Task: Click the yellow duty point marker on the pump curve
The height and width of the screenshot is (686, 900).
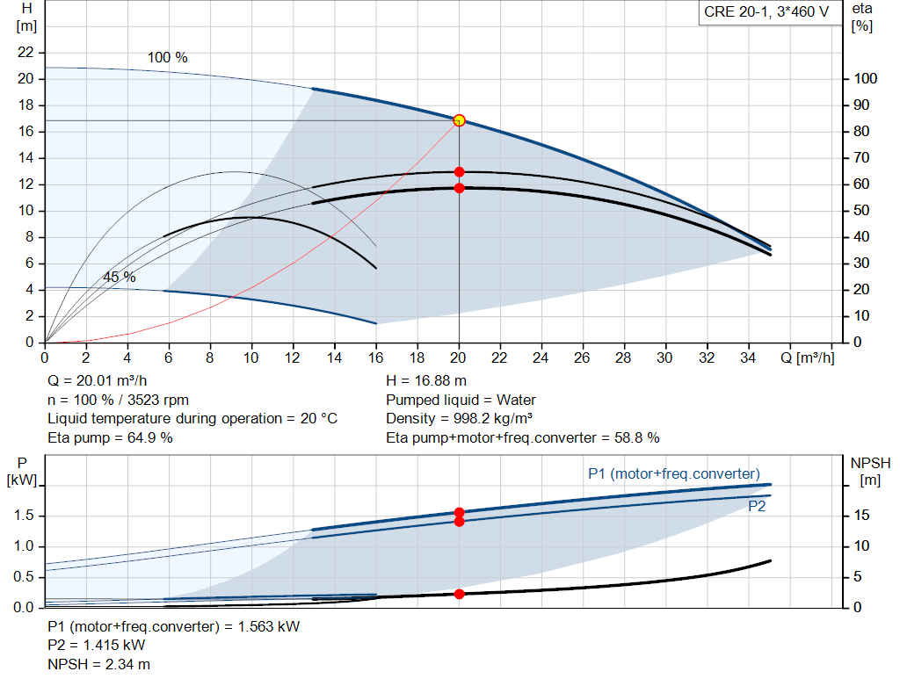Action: tap(459, 120)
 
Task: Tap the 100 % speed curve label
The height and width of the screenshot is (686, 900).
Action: tap(167, 57)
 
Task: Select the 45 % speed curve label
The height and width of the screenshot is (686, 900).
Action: tap(120, 277)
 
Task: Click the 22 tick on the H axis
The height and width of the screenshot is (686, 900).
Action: tap(25, 53)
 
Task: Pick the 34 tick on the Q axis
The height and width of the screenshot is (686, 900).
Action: tap(748, 358)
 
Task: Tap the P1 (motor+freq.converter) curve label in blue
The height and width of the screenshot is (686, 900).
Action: tap(673, 473)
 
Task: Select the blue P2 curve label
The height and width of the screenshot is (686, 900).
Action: tap(757, 506)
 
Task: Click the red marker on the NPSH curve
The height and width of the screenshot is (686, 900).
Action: tap(459, 594)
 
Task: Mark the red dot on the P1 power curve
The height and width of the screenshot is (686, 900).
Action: tap(459, 512)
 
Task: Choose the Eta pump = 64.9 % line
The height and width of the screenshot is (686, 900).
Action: tap(110, 437)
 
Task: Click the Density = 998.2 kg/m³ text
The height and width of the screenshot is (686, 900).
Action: tap(460, 419)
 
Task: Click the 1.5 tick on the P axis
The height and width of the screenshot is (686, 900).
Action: tap(25, 516)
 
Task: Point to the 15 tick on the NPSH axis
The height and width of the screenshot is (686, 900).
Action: tap(861, 516)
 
